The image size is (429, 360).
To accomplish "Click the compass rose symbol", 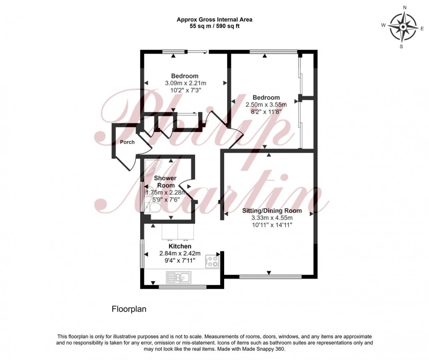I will point(403,26).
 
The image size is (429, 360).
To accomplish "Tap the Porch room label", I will point(127,142).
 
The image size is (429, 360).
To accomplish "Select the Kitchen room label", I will point(180,246).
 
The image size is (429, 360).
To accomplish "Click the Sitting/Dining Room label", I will point(272,210).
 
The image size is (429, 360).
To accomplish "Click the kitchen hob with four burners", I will point(212,262).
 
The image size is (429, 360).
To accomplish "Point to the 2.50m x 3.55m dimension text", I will point(266,105).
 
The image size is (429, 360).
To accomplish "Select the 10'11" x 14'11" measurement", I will point(272,225).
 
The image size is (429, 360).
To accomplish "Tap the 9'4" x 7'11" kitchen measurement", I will point(180,261).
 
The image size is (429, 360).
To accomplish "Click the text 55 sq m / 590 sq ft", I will point(214,26).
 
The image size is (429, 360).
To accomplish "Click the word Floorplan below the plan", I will point(128,309).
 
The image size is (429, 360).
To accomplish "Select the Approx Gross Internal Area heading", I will point(214,19).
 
